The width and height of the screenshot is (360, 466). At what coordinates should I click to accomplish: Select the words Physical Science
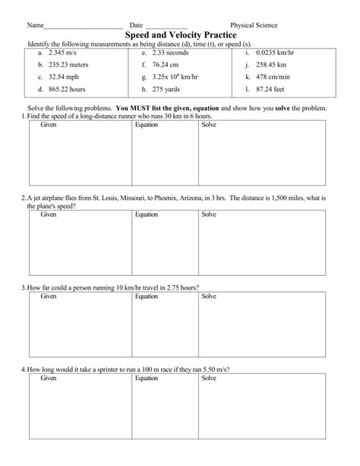tap(254, 25)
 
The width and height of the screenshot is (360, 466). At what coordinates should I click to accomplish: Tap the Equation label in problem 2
tap(146, 214)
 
